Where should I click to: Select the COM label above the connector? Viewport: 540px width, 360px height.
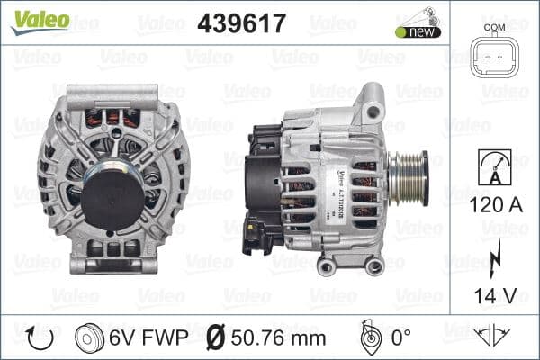pos(494,27)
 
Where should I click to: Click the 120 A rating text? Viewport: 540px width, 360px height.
pos(494,205)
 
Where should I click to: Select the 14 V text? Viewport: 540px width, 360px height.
pos(494,294)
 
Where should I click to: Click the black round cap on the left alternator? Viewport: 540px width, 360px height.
pos(112,193)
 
